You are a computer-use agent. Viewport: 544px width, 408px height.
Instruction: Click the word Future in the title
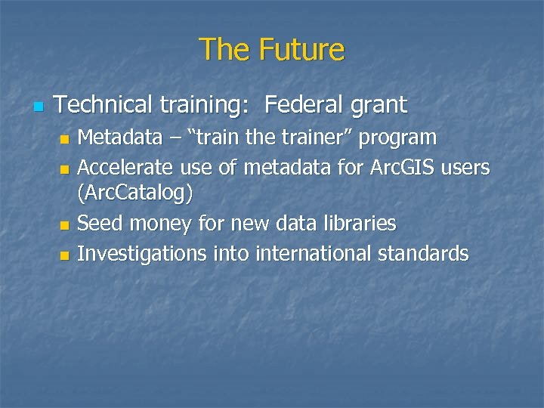(301, 50)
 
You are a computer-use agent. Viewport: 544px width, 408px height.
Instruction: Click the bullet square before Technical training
(39, 107)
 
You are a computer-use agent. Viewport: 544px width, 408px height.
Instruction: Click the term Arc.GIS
(399, 166)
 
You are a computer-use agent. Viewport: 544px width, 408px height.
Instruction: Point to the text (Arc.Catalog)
(135, 194)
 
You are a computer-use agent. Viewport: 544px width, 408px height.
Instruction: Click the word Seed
(101, 224)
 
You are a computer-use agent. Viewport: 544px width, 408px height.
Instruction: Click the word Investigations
(141, 254)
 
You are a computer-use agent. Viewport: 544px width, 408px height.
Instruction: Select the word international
(313, 253)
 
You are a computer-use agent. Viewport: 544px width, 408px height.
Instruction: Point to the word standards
(423, 253)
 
